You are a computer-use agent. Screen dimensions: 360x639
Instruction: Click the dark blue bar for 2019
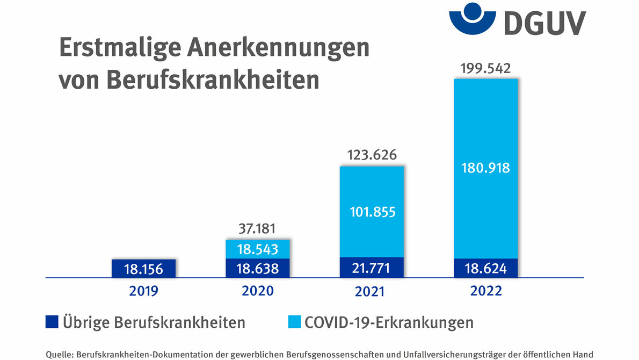[143, 269]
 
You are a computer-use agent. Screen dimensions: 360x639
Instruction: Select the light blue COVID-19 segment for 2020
[258, 249]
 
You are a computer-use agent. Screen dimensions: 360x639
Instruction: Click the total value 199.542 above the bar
[485, 69]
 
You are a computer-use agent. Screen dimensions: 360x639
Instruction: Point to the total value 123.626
[372, 156]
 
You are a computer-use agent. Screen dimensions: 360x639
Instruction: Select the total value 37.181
[257, 229]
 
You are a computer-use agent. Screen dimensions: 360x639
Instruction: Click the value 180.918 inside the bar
[485, 168]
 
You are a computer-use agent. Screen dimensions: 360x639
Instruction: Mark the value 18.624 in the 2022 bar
[485, 268]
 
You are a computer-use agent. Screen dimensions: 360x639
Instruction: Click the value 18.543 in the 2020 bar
[258, 249]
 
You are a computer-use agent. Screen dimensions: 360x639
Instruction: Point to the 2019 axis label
[144, 291]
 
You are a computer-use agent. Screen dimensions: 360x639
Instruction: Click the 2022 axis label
[485, 291]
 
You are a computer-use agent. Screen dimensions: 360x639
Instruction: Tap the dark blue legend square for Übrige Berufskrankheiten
[51, 322]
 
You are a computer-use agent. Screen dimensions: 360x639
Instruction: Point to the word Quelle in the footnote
[60, 354]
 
